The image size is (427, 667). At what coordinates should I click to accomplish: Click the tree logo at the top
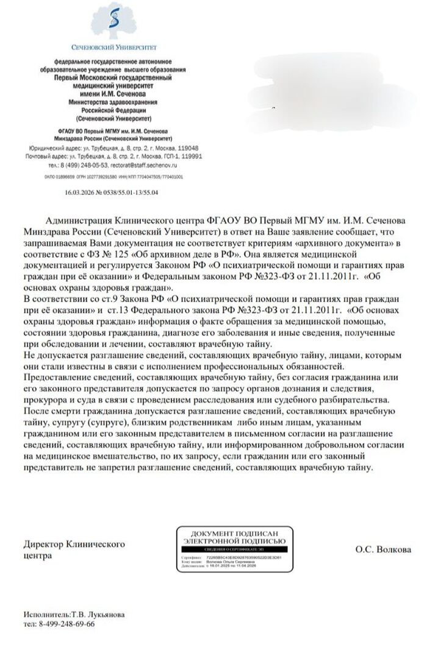coord(114,22)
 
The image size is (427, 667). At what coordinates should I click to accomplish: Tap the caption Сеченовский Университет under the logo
coord(114,46)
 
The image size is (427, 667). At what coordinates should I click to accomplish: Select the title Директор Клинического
coord(74,543)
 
